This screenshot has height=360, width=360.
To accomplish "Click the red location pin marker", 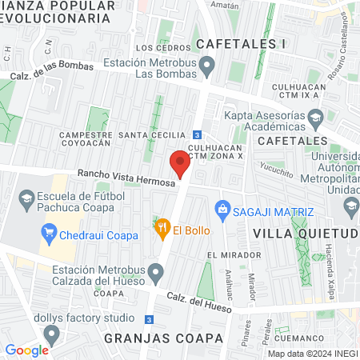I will (180, 164).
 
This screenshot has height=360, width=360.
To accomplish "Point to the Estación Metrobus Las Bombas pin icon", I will (207, 65).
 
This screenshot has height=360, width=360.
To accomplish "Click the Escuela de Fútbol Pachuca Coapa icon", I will (26, 199).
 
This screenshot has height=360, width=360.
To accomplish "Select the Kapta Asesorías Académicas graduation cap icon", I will (316, 118).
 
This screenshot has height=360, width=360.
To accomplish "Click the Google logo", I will (27, 350).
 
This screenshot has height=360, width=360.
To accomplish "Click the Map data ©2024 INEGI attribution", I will (312, 354).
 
